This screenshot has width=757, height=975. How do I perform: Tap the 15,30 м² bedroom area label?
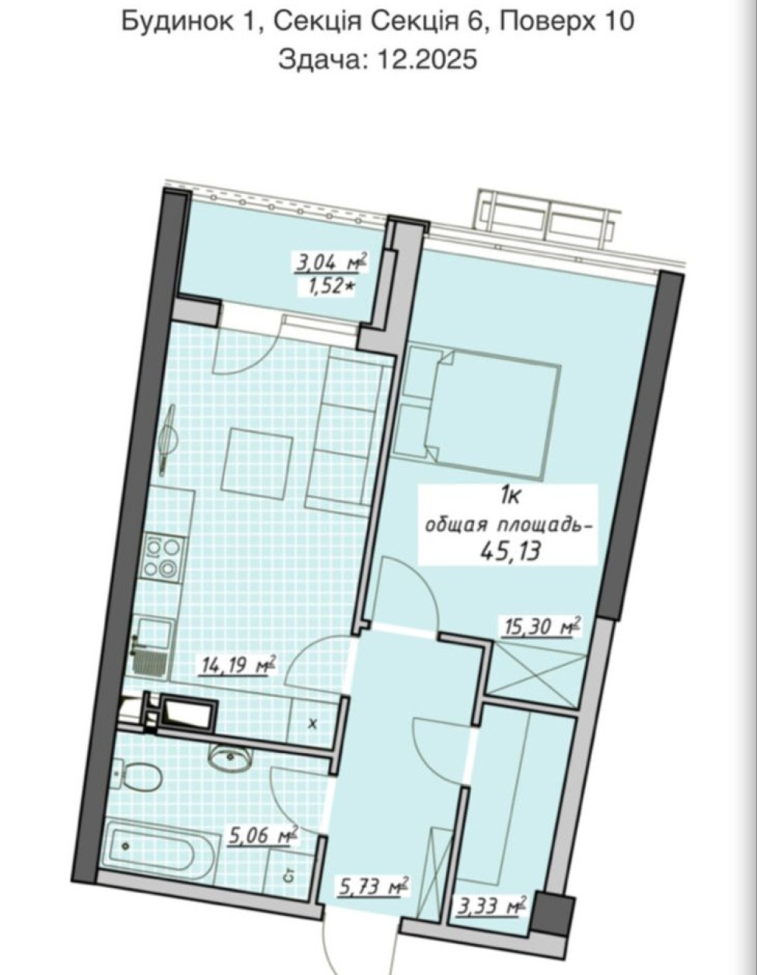click(542, 627)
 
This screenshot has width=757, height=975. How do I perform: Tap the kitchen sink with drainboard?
click(153, 645)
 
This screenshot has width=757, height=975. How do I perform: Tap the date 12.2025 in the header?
click(428, 59)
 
